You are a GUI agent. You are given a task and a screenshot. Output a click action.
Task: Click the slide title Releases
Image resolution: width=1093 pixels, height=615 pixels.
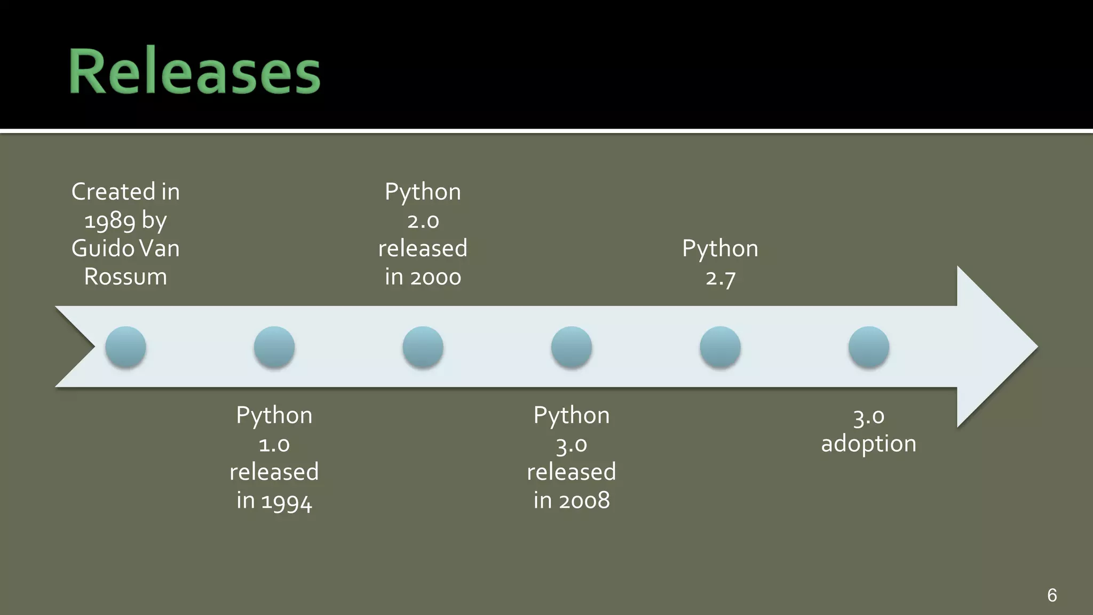tap(194, 71)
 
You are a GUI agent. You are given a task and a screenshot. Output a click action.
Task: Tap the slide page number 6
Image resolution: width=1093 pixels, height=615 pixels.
tap(1052, 595)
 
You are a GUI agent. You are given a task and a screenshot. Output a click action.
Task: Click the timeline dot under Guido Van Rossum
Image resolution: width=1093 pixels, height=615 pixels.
tap(125, 347)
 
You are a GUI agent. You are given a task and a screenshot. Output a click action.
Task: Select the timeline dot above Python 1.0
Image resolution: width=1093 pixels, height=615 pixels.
tap(274, 347)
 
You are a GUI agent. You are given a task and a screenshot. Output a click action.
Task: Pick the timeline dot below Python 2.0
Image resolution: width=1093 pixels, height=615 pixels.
tap(423, 347)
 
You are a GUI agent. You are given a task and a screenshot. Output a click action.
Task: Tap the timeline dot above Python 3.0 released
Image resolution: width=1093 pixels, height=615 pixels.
tap(572, 347)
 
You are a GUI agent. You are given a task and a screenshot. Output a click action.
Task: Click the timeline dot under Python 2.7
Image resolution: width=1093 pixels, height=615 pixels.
tap(720, 347)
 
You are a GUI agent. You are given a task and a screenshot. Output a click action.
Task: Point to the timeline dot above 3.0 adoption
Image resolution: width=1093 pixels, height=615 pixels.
tap(869, 347)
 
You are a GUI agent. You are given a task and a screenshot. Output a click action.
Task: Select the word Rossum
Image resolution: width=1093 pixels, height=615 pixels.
tap(125, 277)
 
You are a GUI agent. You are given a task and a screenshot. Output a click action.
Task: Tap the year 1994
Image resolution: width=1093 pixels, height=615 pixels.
tap(287, 501)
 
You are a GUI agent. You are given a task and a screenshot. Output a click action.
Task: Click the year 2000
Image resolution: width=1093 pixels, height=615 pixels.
tap(435, 278)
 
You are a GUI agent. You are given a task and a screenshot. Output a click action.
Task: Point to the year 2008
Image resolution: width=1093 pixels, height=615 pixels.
tap(584, 501)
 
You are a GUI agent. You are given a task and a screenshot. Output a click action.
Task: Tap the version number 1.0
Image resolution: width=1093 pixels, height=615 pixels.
tap(274, 445)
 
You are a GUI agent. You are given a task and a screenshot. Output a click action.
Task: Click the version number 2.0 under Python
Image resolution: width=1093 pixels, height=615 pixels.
tap(423, 221)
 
